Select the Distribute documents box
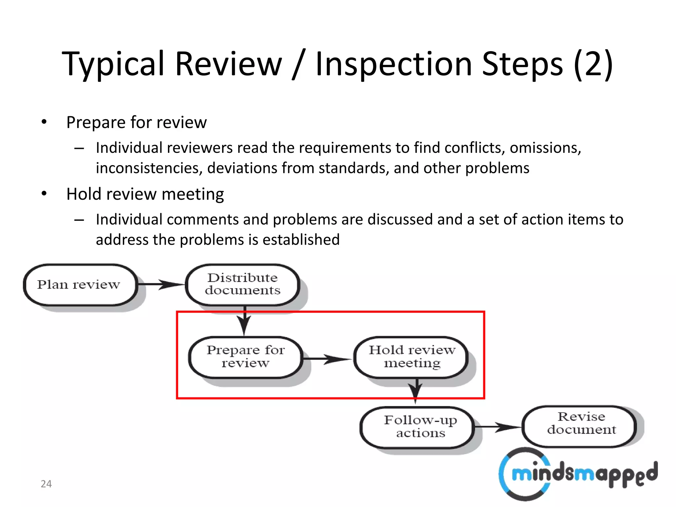[243, 285]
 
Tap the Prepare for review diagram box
[246, 357]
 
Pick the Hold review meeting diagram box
[412, 357]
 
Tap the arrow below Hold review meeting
[416, 391]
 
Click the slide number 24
[46, 484]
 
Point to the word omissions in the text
[545, 148]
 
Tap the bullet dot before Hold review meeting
[44, 194]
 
